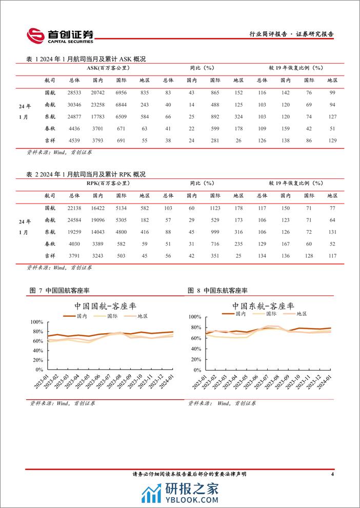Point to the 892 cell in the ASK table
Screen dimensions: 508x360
(215, 116)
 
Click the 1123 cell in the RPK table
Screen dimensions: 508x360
(215, 207)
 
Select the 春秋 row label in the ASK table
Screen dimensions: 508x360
(50, 128)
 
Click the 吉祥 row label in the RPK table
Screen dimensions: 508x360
(50, 256)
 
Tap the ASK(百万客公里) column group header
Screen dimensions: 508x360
(108, 68)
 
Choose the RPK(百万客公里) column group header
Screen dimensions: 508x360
(108, 182)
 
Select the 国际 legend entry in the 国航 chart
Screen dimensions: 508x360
(113, 316)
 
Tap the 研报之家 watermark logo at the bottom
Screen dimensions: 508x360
(179, 494)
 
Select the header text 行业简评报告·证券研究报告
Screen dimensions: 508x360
(291, 34)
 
